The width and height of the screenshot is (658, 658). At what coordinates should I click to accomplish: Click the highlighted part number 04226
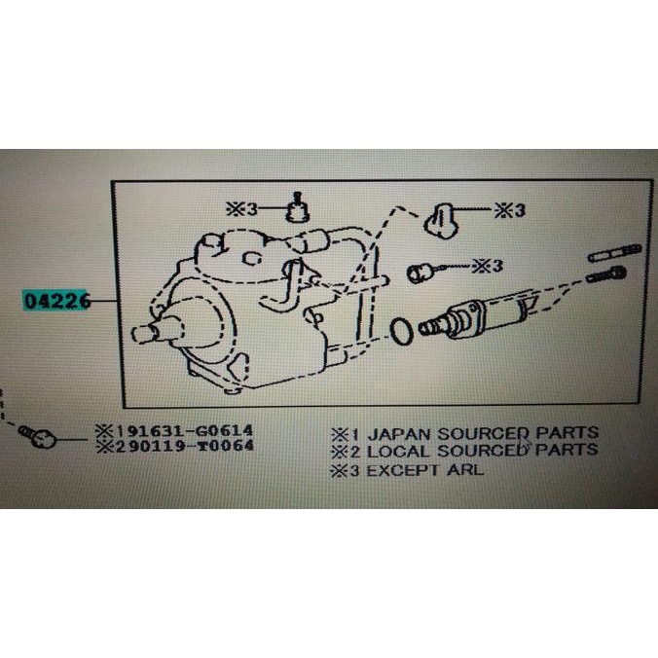[57, 302]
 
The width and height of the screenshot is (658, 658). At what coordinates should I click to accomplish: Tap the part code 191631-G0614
[178, 429]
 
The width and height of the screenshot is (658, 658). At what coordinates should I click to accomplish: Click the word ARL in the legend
[466, 469]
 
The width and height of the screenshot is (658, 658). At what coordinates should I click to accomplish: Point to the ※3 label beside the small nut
[489, 265]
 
